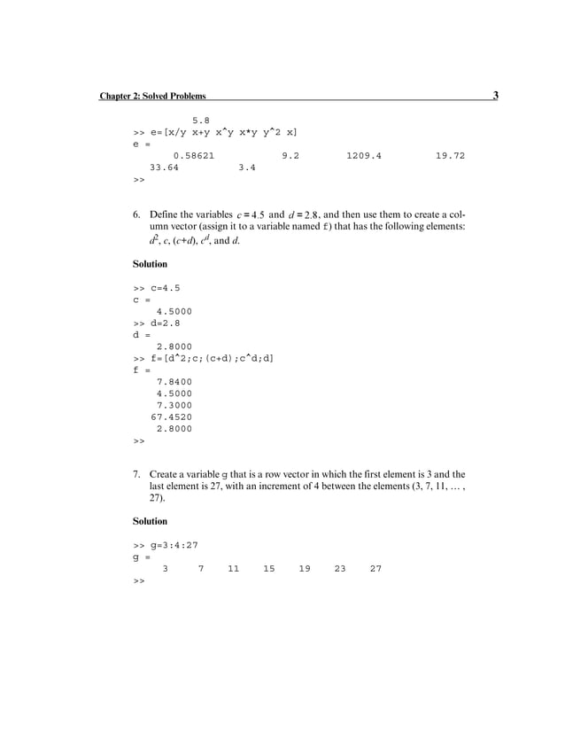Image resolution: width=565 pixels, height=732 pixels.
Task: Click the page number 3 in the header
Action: [x=495, y=96]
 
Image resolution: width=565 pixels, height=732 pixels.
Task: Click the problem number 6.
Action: [x=136, y=214]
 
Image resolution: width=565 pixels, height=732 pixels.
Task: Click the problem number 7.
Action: [x=136, y=474]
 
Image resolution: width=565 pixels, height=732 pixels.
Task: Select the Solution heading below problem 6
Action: [x=150, y=264]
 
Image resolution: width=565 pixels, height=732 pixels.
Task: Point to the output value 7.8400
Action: [x=174, y=382]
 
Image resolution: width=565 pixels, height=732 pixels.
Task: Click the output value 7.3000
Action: [x=174, y=405]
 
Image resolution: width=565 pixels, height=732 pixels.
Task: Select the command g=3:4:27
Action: [x=174, y=545]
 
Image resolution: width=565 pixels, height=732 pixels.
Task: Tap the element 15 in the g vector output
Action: [x=268, y=569]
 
